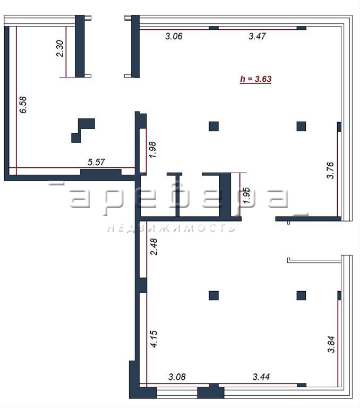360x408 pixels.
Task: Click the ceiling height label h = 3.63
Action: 255,79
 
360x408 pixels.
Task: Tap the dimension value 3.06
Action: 174,36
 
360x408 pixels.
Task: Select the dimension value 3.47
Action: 257,36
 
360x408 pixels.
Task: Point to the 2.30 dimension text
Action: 60,48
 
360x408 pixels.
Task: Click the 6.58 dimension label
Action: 23,105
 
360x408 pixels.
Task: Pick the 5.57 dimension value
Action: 96,162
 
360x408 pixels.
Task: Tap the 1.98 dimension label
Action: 152,150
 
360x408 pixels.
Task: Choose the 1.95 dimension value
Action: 246,195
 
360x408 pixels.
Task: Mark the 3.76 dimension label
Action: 330,171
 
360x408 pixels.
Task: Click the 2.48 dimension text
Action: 154,246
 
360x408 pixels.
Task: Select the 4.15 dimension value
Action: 154,339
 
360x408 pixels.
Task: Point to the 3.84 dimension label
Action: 331,344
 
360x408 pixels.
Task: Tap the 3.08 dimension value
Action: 177,377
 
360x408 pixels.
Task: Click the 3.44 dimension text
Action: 261,377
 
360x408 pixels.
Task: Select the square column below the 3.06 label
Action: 213,126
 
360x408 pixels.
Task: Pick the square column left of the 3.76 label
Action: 301,126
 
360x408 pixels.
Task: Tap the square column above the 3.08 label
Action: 213,295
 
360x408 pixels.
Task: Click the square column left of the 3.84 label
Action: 301,295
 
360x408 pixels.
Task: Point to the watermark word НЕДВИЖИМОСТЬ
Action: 171,228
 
